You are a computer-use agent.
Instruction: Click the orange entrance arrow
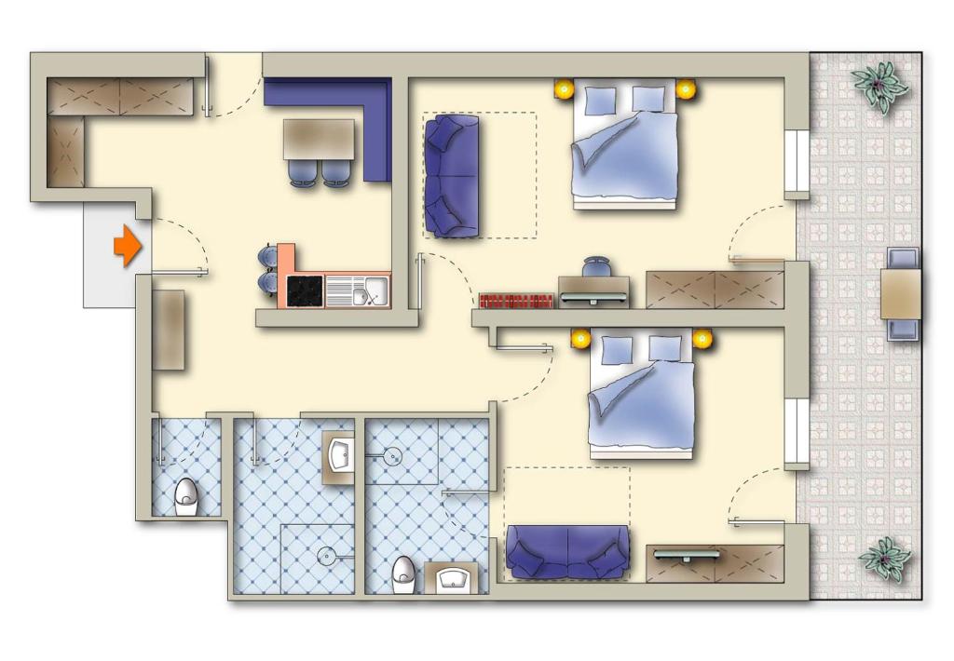click(x=127, y=247)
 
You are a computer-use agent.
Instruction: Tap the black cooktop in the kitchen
click(x=305, y=290)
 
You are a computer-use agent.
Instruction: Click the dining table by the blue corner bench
click(x=319, y=139)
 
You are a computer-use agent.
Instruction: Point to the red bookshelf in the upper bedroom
click(x=517, y=300)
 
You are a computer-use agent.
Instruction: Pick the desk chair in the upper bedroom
click(x=596, y=267)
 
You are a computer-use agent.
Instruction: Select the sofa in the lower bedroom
click(x=566, y=550)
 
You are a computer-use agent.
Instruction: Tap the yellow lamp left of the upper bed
click(x=564, y=89)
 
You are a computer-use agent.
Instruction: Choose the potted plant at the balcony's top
click(x=879, y=86)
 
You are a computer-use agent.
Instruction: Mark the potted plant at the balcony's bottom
click(x=883, y=558)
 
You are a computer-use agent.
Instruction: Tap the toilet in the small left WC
click(x=187, y=495)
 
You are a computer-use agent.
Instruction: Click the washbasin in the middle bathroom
click(x=339, y=456)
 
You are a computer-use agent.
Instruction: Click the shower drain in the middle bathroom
click(x=327, y=556)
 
